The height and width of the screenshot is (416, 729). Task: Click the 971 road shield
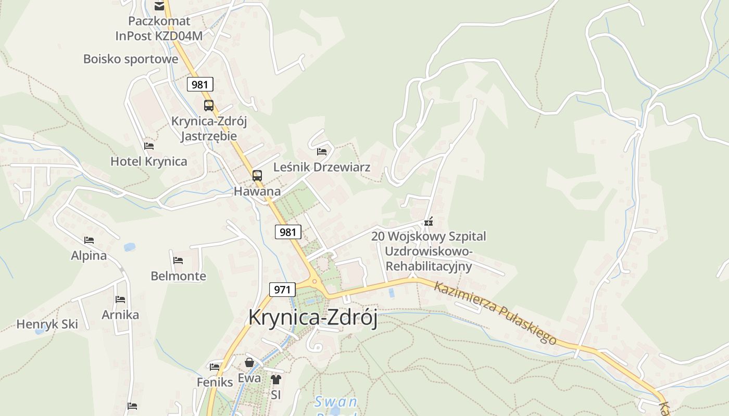coord(282,289)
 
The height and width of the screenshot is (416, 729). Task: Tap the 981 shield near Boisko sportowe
coord(200,84)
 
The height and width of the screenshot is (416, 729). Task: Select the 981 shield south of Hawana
coord(288,232)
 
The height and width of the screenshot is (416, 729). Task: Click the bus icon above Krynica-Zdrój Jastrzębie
coord(209,106)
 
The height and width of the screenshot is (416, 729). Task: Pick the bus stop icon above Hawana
coord(257,176)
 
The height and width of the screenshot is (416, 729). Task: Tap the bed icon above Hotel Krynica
coord(149,146)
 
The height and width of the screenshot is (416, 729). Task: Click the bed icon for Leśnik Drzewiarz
coord(322,152)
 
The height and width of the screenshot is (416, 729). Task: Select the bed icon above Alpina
coord(89,240)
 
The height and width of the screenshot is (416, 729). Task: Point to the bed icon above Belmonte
coord(178,260)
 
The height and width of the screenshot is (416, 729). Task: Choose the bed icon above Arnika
coord(120,300)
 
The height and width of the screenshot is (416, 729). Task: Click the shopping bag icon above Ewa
coord(249,362)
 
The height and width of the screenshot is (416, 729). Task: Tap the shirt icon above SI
coord(276,380)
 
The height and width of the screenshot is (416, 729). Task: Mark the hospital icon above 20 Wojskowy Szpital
coord(429,222)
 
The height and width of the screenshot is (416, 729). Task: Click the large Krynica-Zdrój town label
coord(312,317)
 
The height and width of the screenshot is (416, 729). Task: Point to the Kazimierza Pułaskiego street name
coord(495,313)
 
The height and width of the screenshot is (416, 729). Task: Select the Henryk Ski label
coord(47,324)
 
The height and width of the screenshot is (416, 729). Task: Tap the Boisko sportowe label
coord(131,59)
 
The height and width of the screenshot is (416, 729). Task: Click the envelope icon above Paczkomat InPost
coord(159,6)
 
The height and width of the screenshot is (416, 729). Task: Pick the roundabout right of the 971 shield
coord(314,282)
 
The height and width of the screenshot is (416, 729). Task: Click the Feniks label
coord(215,382)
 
